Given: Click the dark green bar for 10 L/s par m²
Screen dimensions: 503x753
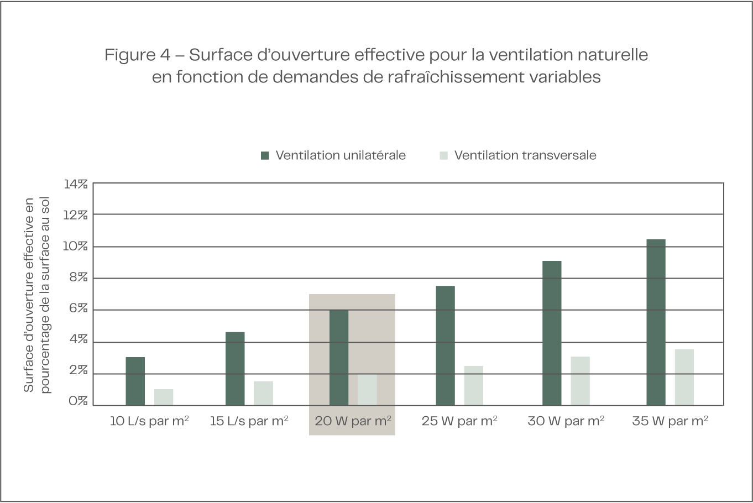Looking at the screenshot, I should pos(135,381).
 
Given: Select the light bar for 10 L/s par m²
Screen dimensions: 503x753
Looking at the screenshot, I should pos(164,397).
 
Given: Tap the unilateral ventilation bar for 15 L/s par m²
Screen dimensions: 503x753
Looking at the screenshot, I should pos(235,368).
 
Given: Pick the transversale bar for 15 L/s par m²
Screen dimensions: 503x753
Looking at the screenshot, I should pos(263,393).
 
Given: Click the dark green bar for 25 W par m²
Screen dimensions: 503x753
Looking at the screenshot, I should pos(445,345).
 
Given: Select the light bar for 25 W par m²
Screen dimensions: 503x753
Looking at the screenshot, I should pos(473,385).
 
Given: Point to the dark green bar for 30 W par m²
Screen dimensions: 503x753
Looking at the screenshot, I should pos(552,333).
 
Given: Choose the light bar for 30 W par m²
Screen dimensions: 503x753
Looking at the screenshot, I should pos(580,381).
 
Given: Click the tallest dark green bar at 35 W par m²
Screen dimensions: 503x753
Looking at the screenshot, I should pos(656,322).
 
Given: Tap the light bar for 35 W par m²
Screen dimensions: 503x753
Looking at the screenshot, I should pos(684,377).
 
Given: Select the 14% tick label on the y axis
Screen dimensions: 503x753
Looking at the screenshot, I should pos(76,184).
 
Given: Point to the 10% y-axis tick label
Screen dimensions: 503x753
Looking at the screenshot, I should pos(76,247).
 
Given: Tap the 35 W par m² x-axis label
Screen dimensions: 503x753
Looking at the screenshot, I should pos(670,421).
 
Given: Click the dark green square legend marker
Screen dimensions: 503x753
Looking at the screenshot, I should pos(265,156).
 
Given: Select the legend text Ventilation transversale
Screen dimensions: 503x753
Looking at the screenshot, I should pos(525,155).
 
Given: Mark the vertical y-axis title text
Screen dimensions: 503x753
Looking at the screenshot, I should pos(36,295).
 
